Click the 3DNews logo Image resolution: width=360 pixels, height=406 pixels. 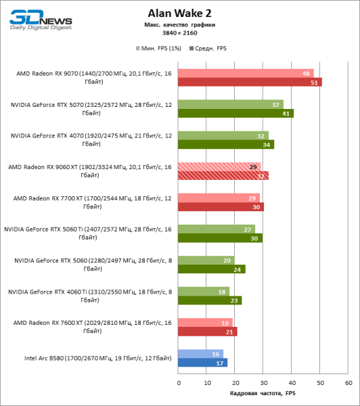(x=34, y=18)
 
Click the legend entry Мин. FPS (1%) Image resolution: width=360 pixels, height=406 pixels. (x=161, y=49)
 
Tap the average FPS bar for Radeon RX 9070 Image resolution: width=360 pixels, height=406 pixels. (x=250, y=83)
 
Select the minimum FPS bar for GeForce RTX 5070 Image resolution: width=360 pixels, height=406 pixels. (x=230, y=105)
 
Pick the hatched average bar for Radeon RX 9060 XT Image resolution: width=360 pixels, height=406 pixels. (x=223, y=176)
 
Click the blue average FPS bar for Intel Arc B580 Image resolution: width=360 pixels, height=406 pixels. (x=202, y=362)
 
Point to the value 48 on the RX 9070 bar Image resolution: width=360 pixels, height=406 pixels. (x=307, y=74)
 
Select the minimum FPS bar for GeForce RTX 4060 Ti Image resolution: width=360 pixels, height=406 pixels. (x=203, y=291)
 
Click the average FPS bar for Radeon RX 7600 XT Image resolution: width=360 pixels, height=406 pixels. (x=208, y=332)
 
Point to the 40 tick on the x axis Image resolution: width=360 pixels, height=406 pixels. (x=291, y=382)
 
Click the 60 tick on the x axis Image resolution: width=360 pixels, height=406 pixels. (x=348, y=382)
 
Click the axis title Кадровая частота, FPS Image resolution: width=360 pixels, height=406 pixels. (x=263, y=394)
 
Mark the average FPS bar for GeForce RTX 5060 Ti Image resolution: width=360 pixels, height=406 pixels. (x=220, y=238)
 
